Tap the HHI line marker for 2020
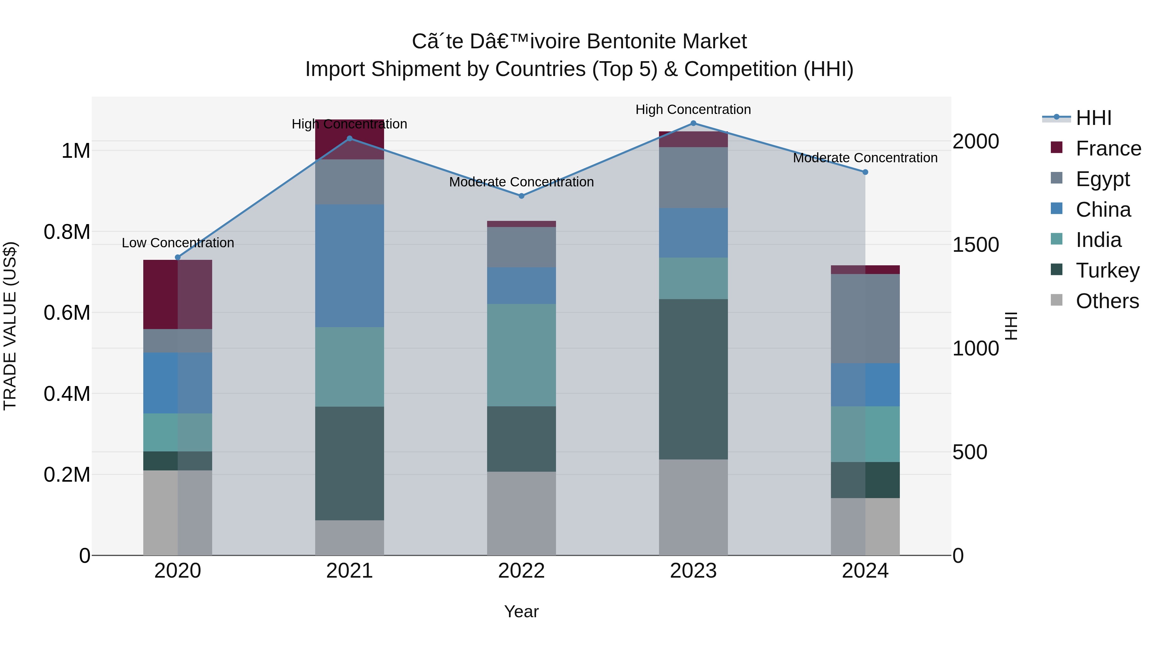click(177, 257)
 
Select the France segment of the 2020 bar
click(177, 294)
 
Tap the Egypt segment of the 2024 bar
click(865, 318)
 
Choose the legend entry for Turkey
click(1107, 270)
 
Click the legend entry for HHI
click(1093, 118)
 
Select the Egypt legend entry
click(1102, 179)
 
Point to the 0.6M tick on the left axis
click(67, 313)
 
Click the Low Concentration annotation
click(178, 243)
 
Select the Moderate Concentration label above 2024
click(865, 158)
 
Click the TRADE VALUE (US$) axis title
click(10, 326)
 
